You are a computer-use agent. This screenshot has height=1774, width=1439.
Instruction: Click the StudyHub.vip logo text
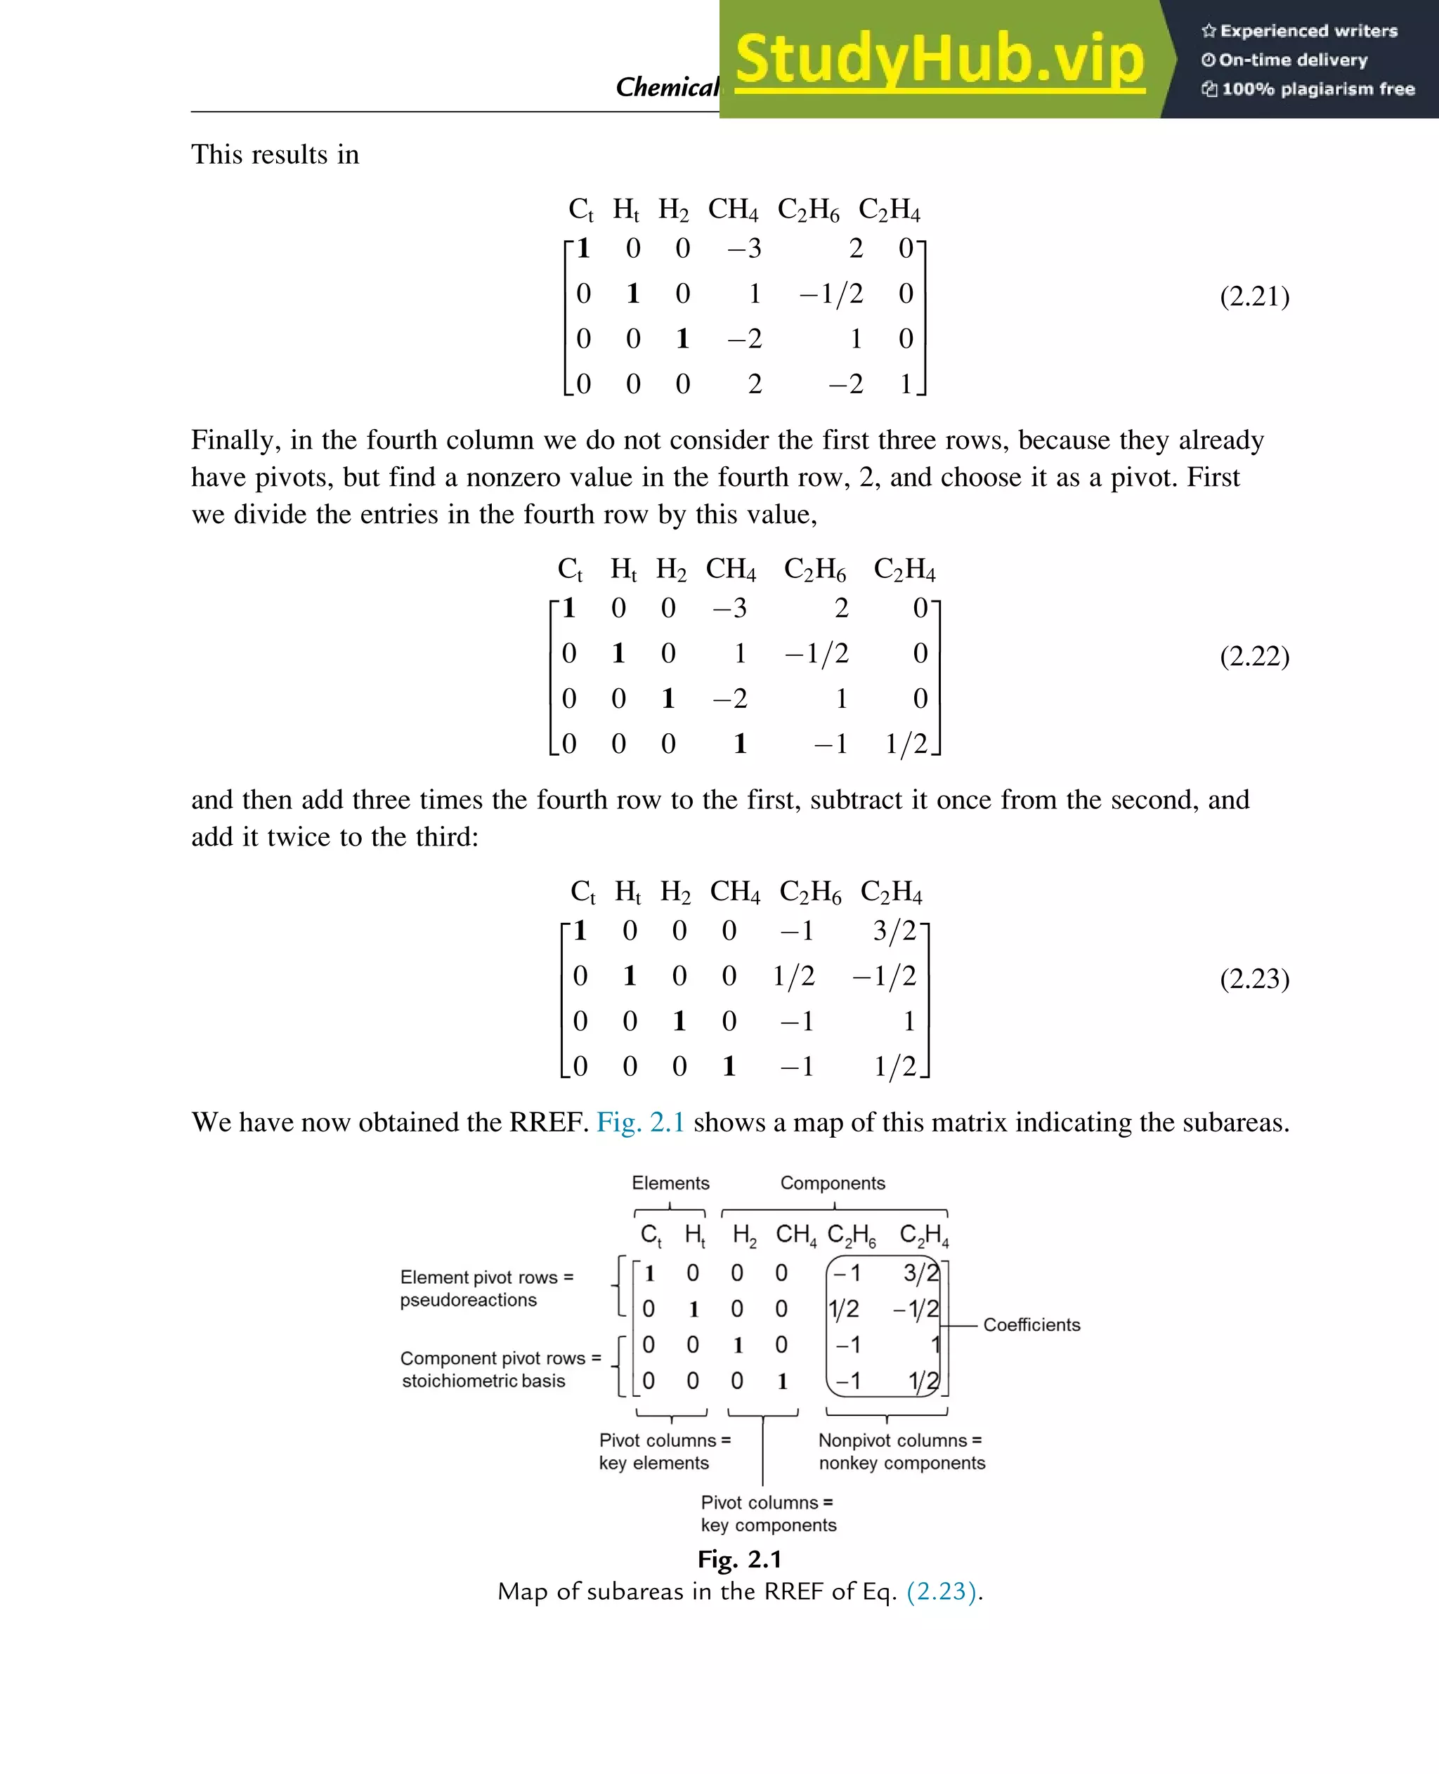(x=939, y=60)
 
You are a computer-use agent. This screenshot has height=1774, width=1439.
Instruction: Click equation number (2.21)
(x=1254, y=296)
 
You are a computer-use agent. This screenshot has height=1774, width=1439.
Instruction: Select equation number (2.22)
(x=1254, y=655)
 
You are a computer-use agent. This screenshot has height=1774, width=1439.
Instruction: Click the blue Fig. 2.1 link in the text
(x=640, y=1122)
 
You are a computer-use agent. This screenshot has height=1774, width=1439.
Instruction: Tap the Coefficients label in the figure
(x=1031, y=1325)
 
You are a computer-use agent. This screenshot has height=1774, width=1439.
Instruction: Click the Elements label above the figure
(x=670, y=1183)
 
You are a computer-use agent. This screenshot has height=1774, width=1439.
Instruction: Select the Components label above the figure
(x=832, y=1183)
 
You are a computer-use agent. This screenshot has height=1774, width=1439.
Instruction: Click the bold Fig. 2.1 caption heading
(x=739, y=1559)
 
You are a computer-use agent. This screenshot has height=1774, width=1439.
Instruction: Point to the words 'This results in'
(x=275, y=155)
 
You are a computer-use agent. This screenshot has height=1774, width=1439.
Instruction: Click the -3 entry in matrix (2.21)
(x=743, y=249)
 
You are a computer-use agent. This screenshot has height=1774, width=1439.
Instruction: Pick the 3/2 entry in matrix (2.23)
(x=894, y=931)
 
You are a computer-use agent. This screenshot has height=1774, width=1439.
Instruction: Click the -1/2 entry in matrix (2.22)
(x=817, y=654)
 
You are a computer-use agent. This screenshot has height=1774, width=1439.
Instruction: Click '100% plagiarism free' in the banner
(x=1317, y=89)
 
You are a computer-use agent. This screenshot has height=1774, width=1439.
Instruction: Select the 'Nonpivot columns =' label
(x=899, y=1441)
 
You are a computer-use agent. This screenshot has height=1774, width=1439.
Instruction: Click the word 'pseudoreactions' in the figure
(x=469, y=1300)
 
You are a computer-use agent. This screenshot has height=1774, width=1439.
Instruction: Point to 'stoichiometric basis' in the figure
(x=483, y=1381)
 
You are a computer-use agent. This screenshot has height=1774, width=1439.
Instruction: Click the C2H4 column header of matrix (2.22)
(x=904, y=570)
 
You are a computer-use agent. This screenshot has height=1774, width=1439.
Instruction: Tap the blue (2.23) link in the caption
(x=942, y=1591)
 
